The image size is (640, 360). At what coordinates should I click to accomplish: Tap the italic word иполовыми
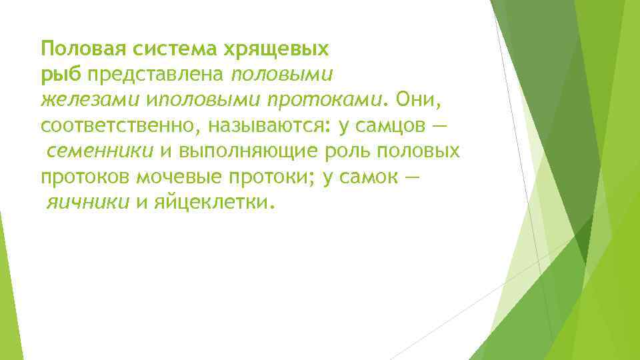(x=203, y=100)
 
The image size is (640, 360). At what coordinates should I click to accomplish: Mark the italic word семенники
(x=100, y=151)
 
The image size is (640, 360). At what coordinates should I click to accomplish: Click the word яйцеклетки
(x=214, y=202)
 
